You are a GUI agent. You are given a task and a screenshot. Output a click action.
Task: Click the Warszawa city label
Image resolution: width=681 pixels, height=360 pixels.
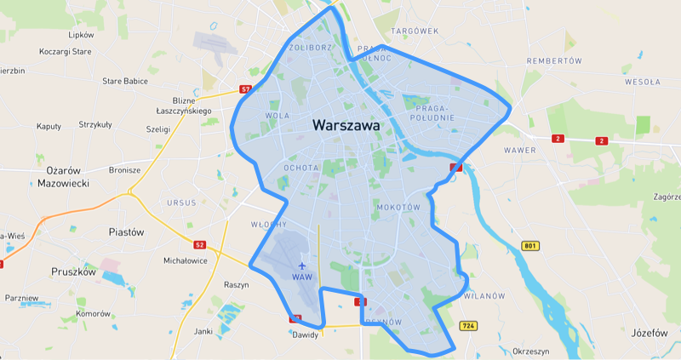coord(346,125)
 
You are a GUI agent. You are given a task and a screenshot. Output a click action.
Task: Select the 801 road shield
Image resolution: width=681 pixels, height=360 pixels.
coord(531,247)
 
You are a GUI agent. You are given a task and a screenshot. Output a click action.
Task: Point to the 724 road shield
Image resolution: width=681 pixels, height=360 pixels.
coord(467,326)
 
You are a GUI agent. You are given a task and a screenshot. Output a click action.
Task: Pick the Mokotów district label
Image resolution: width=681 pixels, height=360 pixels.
coord(398,207)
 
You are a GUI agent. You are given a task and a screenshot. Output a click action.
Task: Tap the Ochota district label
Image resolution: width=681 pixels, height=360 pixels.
coord(300,168)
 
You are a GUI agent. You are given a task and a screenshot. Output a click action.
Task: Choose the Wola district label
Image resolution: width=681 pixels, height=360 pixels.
coord(278,115)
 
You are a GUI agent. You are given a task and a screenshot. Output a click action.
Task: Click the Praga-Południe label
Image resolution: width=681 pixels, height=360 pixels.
coord(436,113)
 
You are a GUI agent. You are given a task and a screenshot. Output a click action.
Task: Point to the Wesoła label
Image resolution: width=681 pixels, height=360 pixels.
coord(643,83)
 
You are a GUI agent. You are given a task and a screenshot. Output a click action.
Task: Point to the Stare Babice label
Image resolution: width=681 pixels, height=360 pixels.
coord(125,82)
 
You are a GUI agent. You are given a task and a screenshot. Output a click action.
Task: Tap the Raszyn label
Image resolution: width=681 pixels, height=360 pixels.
coord(235,285)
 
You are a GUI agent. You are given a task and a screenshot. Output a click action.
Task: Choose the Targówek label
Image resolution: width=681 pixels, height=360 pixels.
coord(414,31)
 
